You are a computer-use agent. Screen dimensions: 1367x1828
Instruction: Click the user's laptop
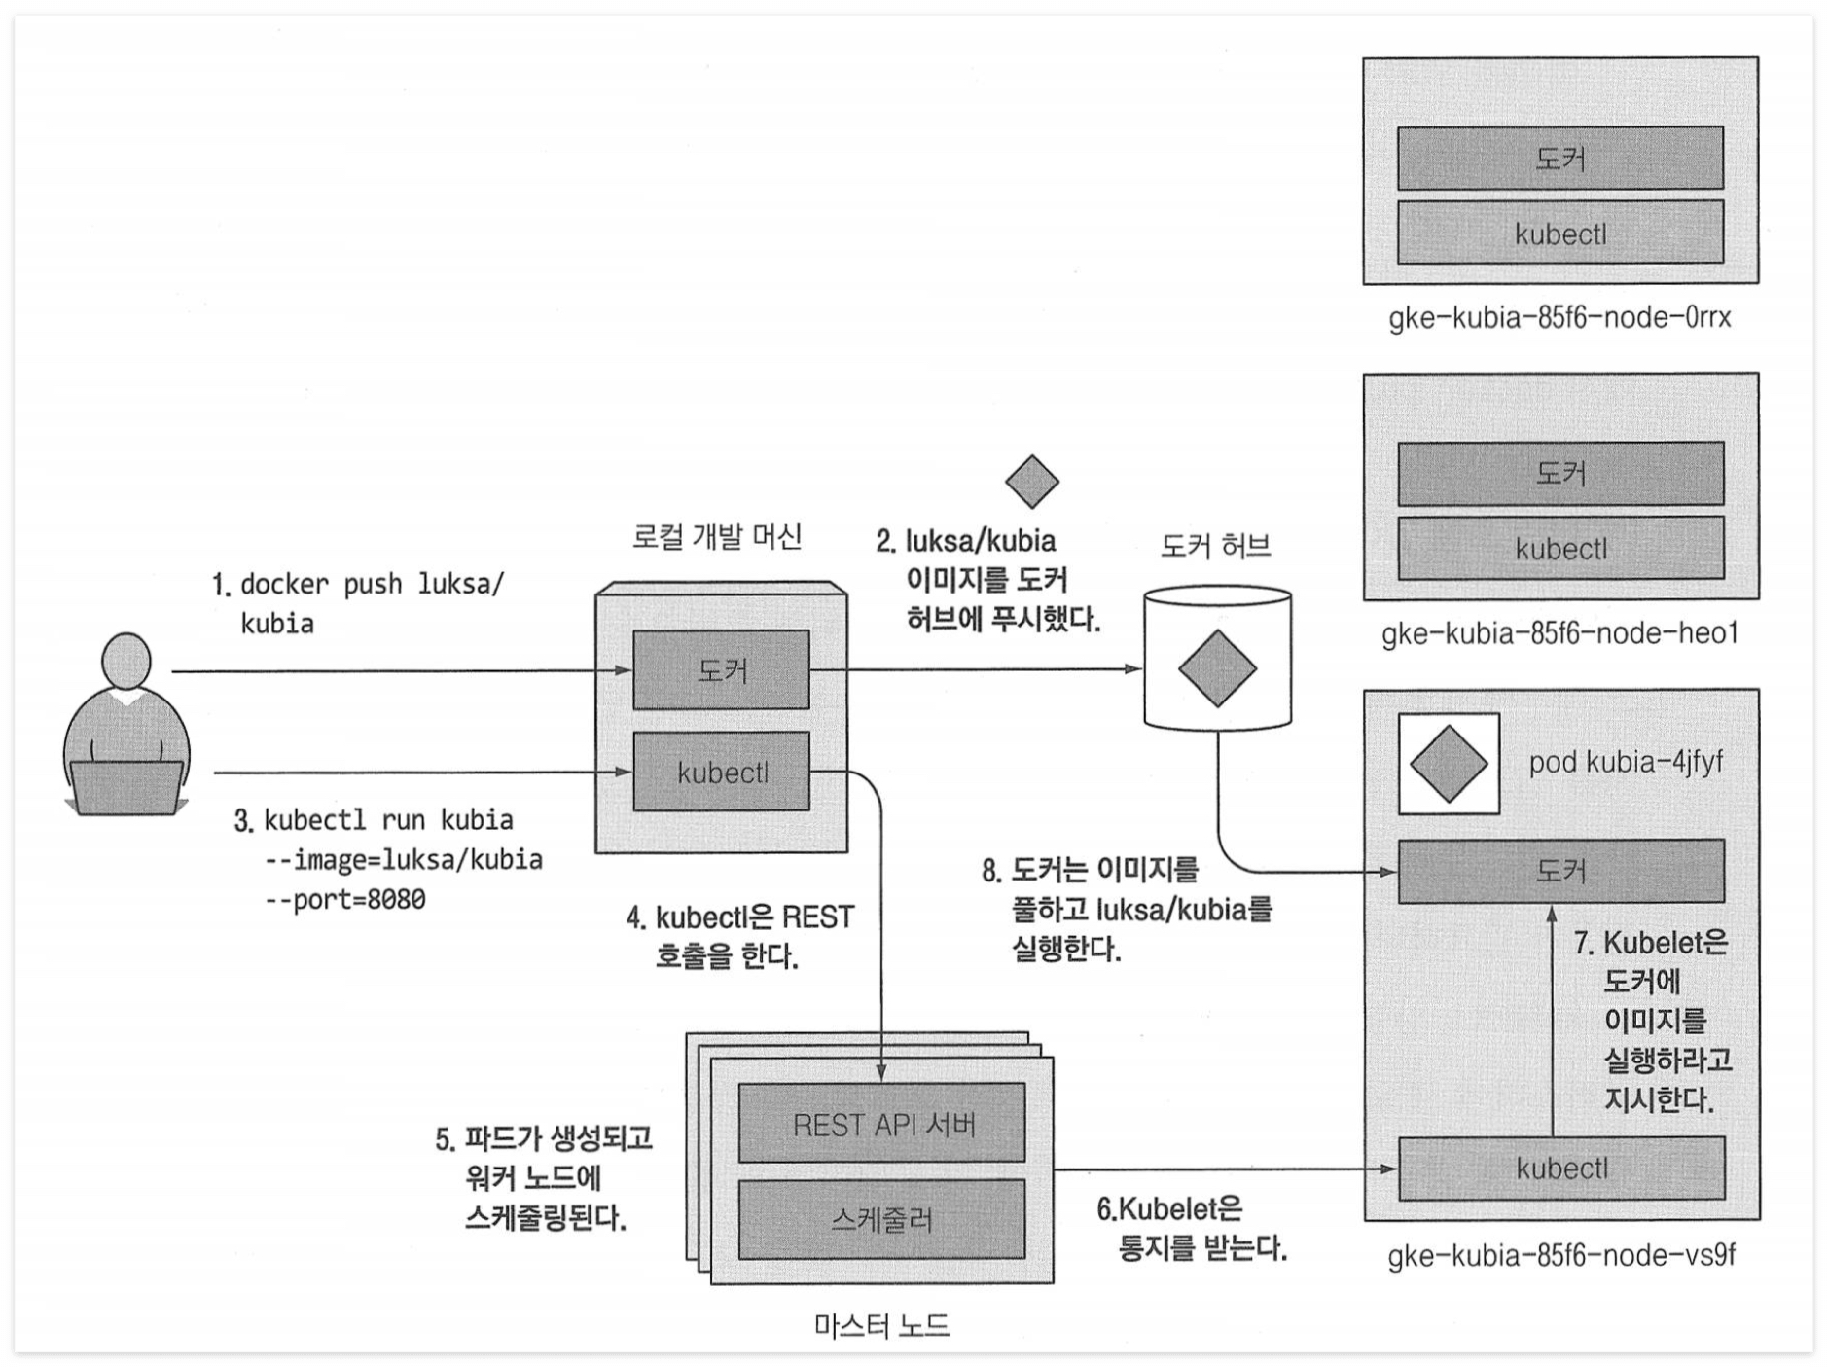125,787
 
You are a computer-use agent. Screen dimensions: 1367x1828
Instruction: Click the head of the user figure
126,661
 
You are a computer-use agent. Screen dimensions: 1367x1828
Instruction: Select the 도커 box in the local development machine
721,669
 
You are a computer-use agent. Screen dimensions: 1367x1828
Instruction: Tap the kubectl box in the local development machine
721,772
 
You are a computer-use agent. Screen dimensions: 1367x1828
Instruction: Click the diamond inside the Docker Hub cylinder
1217,668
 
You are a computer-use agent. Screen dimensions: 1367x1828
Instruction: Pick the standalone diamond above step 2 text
1031,481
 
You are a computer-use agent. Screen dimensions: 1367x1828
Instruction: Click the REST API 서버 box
881,1124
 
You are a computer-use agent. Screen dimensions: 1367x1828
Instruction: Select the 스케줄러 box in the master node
881,1219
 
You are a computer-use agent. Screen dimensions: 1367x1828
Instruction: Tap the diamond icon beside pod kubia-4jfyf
1448,764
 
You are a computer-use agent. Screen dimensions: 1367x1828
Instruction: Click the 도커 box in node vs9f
1560,871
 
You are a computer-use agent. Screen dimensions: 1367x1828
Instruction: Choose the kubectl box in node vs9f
1560,1168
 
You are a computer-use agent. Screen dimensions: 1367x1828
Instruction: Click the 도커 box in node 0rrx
1559,158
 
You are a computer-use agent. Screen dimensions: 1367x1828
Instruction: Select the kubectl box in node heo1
1559,549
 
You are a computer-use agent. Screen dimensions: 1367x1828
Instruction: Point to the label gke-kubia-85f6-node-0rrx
1559,318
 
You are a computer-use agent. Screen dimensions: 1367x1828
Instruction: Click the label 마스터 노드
881,1325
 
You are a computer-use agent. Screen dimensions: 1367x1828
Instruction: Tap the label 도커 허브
1215,546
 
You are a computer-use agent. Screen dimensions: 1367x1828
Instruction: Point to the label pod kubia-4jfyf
1625,762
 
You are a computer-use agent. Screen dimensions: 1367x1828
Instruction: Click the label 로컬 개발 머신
717,536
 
